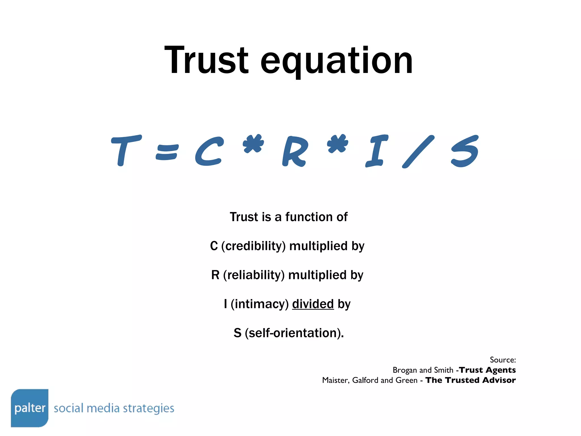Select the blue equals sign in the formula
167,152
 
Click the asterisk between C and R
253,143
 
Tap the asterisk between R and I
337,143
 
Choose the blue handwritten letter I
376,151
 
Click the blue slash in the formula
418,152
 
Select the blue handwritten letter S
464,151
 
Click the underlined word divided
313,304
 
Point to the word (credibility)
253,246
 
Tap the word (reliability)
254,275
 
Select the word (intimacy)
260,304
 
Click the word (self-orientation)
294,333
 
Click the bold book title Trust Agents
487,370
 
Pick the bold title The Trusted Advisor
470,380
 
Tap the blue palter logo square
30,408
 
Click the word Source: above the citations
503,360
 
